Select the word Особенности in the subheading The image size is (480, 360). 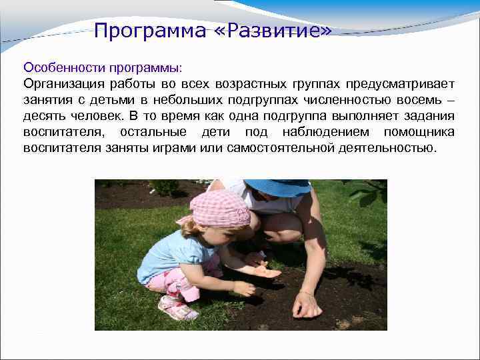[x=58, y=68]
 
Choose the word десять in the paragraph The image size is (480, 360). [x=44, y=115]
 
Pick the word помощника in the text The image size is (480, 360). [x=421, y=131]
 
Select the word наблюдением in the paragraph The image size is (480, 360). [x=323, y=131]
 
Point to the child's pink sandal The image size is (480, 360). [x=177, y=308]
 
